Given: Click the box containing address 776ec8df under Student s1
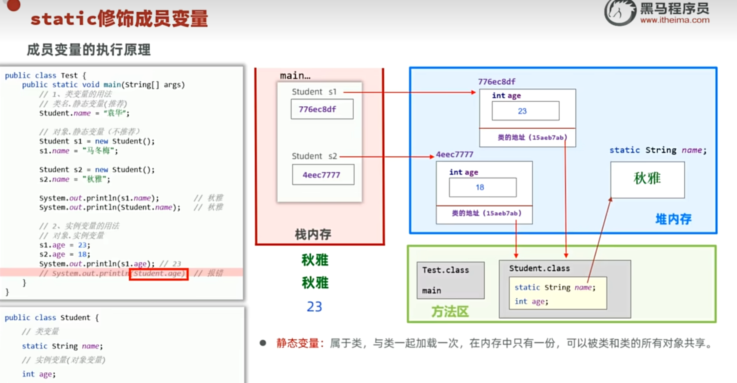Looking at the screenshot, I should [x=322, y=109].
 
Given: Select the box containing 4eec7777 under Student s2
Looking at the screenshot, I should [x=323, y=175].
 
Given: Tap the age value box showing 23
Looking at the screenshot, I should [x=525, y=111].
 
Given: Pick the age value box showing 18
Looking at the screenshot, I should [x=482, y=187].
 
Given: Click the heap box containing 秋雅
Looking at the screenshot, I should [x=647, y=179].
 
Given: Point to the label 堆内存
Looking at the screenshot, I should [x=673, y=219].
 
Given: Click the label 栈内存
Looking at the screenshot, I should [x=313, y=234].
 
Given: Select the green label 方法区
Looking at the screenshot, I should [x=450, y=311].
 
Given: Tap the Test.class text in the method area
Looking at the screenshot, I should [x=445, y=270].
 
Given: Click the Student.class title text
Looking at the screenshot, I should [x=539, y=268].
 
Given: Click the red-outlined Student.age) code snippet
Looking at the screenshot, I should [x=159, y=274].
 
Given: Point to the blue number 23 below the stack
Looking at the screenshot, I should [x=314, y=307].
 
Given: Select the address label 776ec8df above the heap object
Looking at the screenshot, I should [x=496, y=82].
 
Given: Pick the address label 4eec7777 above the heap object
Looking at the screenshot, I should [x=454, y=155].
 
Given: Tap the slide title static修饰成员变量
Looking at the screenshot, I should [x=119, y=19].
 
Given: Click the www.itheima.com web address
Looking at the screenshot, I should [x=674, y=20].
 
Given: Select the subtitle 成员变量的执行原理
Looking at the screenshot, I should [x=88, y=50].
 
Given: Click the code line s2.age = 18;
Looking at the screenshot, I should [x=65, y=254].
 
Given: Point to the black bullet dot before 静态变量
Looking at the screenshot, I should [x=262, y=343].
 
